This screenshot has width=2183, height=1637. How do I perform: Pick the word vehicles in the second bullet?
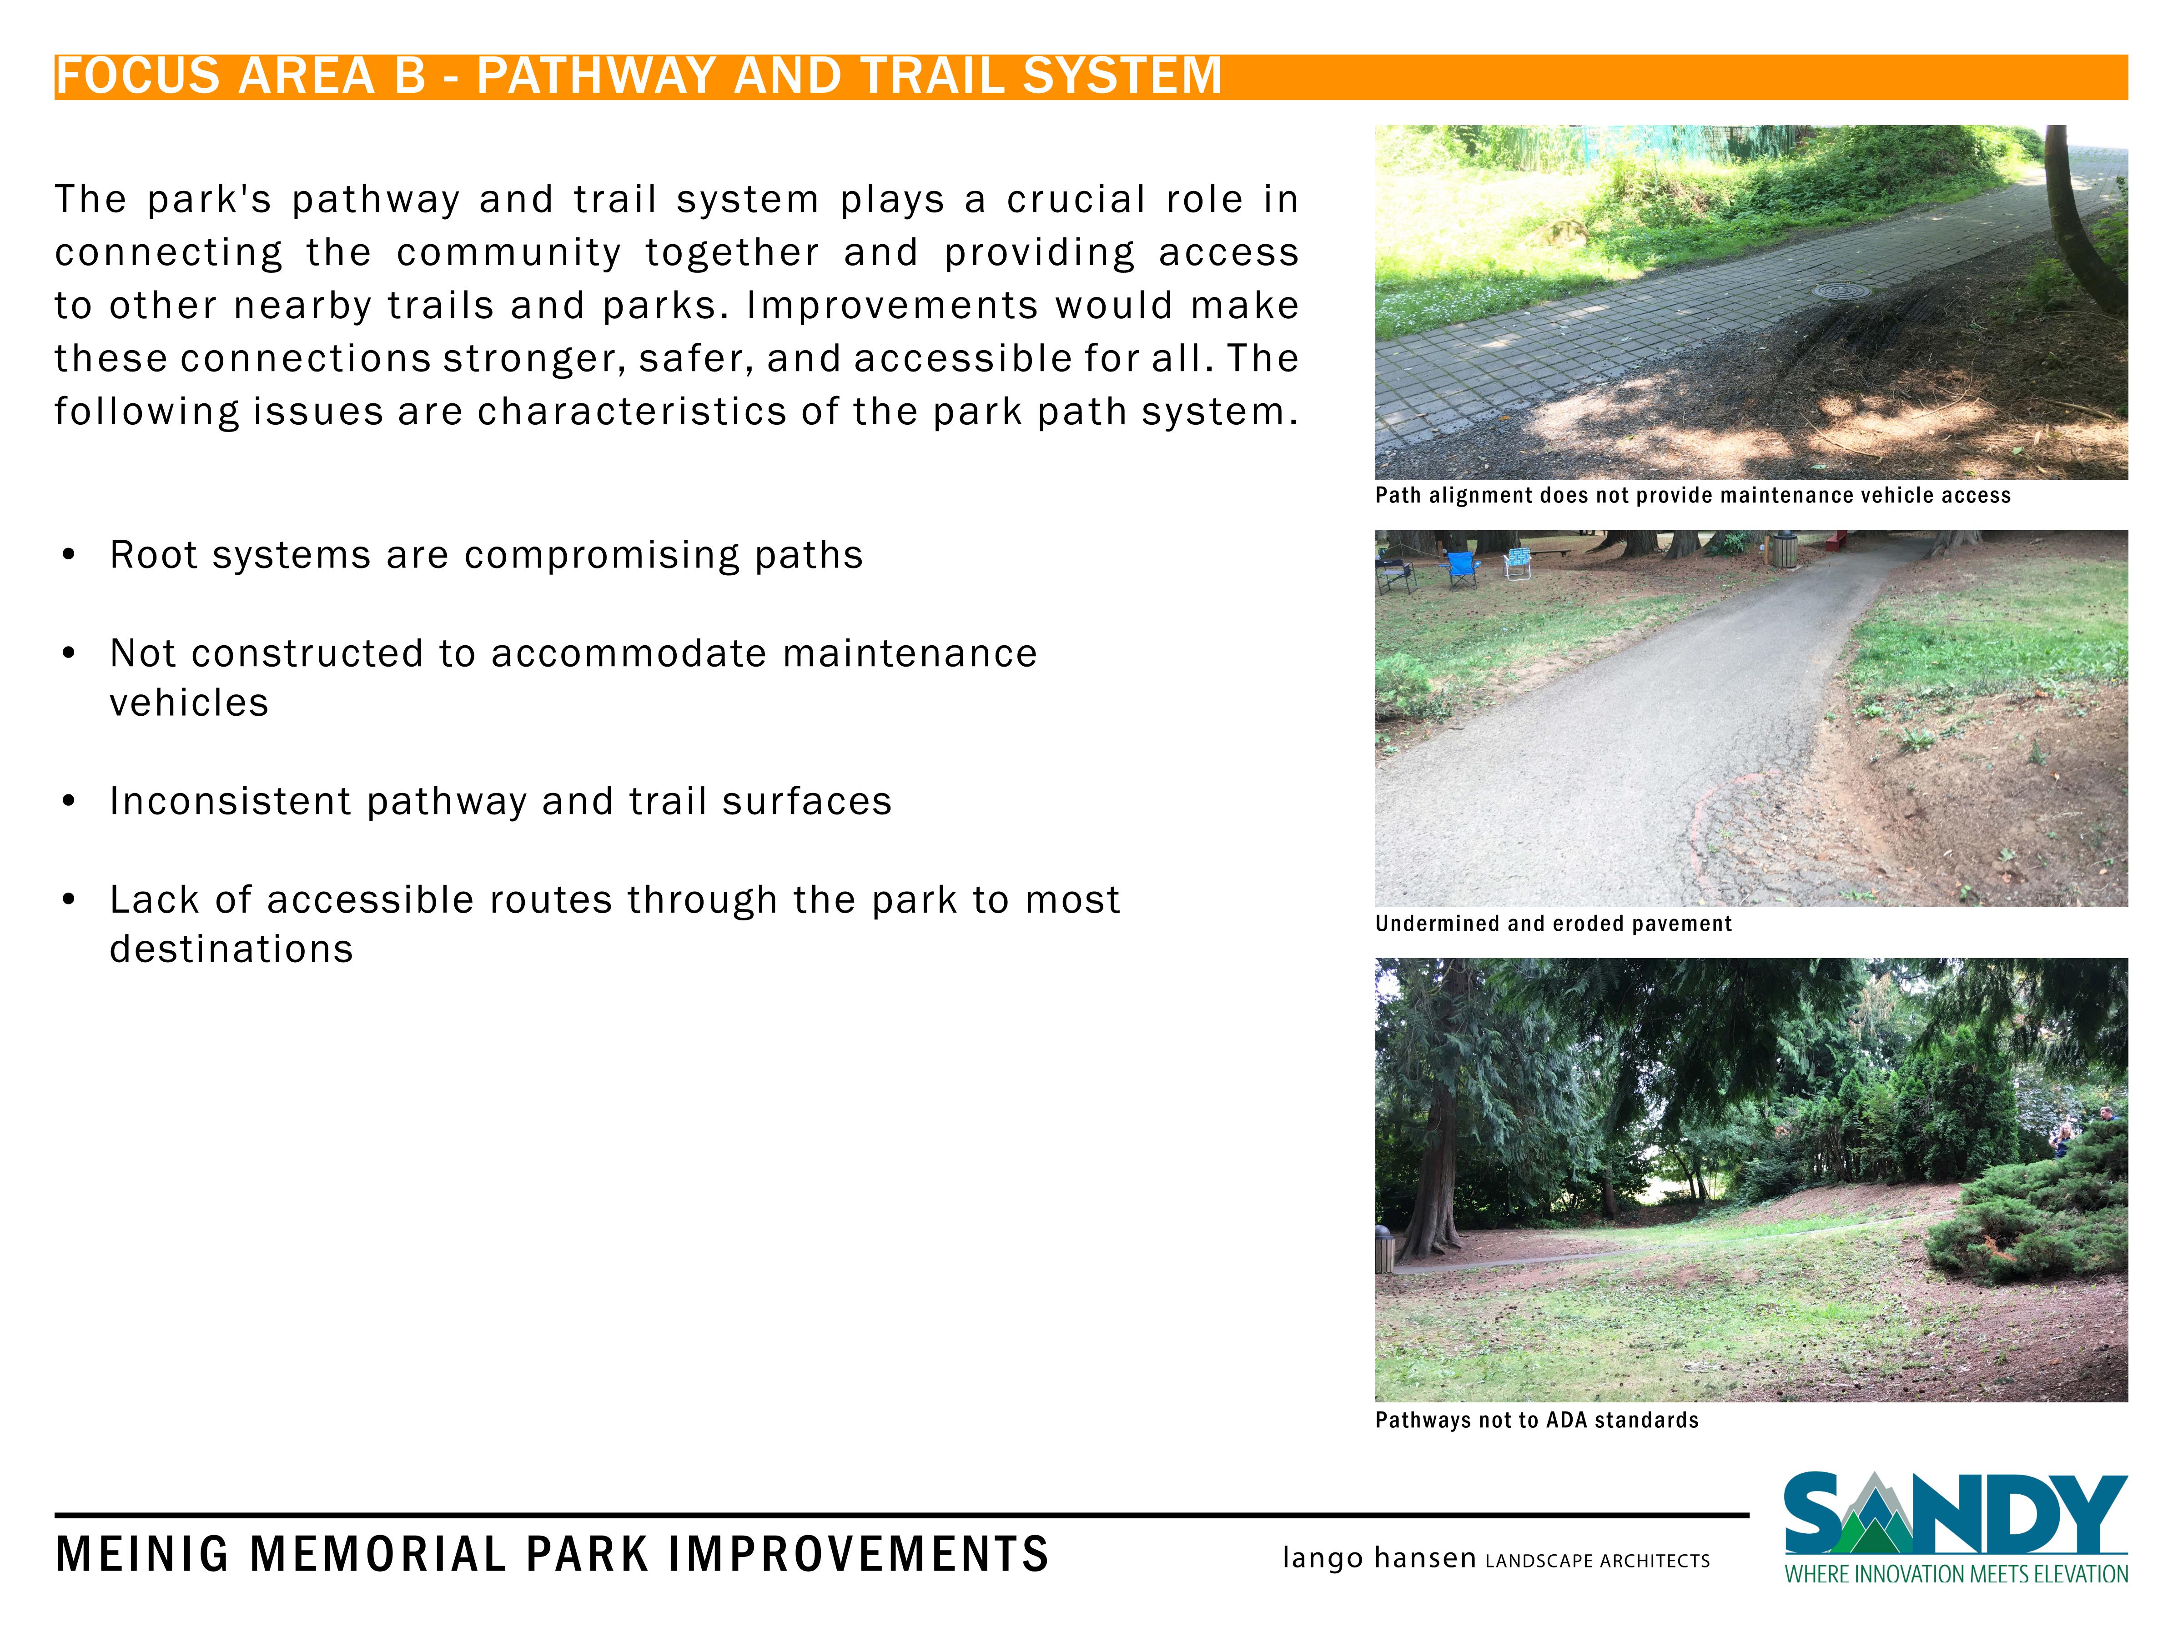pyautogui.click(x=188, y=703)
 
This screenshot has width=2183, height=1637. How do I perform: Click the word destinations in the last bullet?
pyautogui.click(x=231, y=949)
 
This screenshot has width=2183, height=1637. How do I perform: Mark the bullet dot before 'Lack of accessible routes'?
pyautogui.click(x=68, y=900)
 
